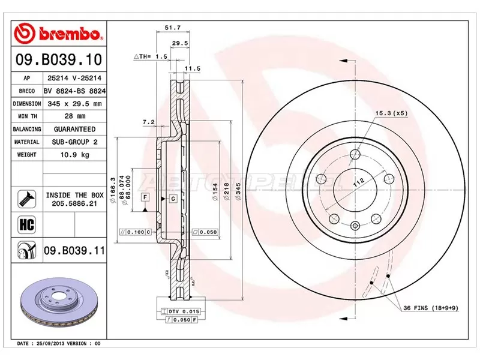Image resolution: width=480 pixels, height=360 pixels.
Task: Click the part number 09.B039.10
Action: tap(58, 60)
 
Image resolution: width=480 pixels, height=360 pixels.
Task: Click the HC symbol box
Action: tap(26, 224)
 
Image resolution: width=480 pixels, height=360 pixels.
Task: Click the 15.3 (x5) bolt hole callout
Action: tap(391, 113)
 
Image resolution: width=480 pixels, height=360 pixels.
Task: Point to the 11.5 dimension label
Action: tap(192, 69)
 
